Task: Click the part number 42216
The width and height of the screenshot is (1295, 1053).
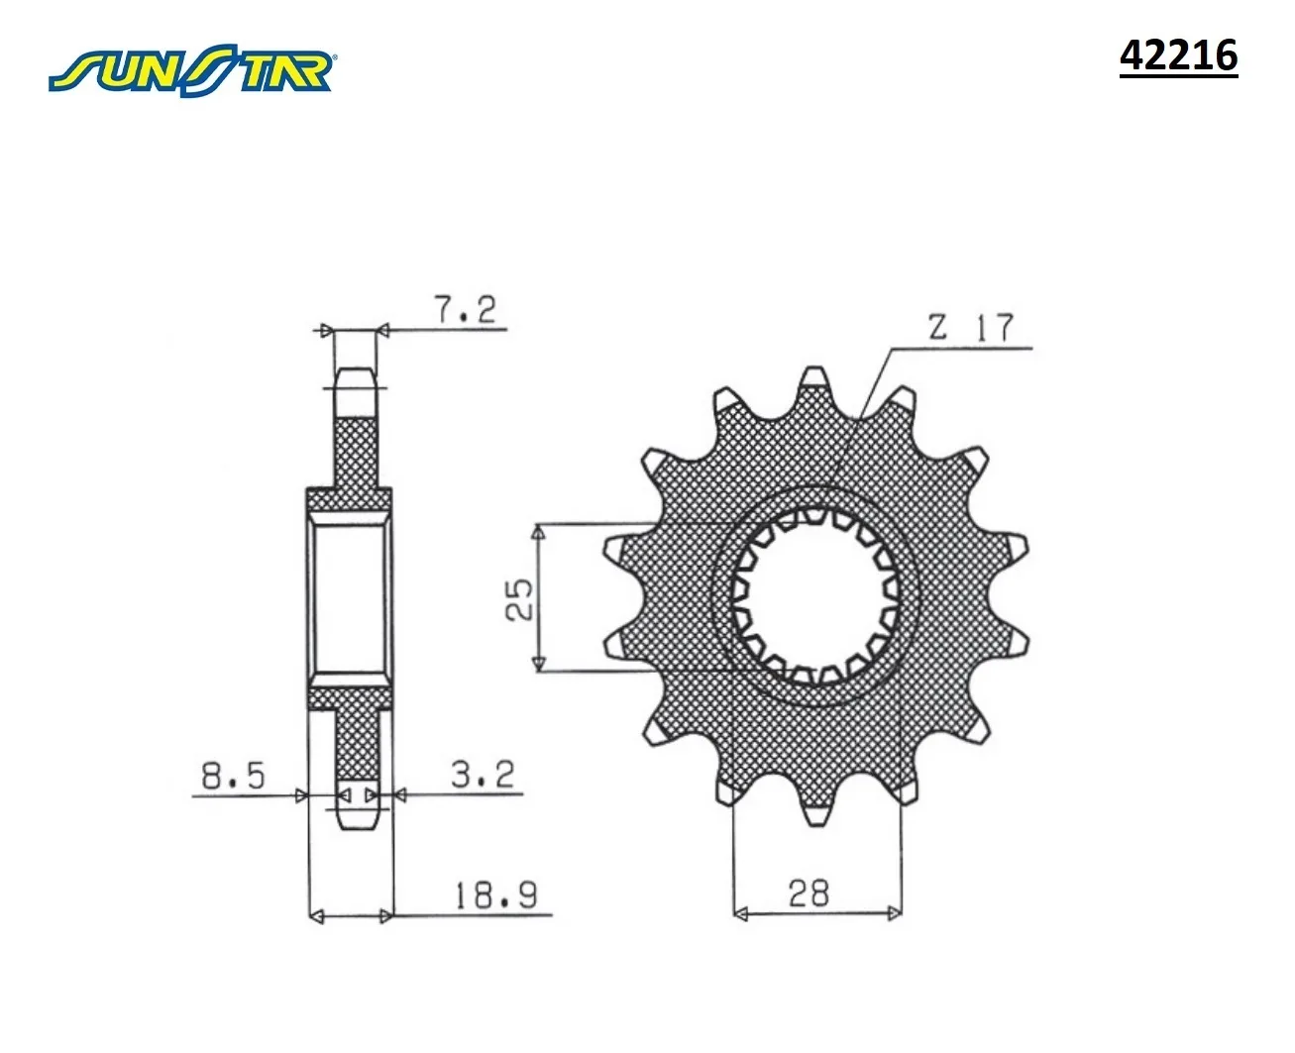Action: pos(1178,55)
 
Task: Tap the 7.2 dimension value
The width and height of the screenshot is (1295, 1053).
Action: pos(465,309)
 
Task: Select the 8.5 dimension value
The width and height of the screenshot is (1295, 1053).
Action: pos(233,776)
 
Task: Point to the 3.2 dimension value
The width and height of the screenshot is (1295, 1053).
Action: pos(483,774)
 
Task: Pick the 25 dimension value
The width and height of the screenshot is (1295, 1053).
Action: pos(518,599)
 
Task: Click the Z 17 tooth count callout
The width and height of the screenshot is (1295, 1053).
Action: pos(971,327)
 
